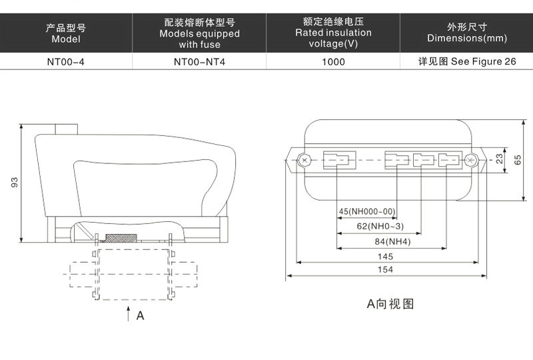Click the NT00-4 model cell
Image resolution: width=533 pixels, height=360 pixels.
pos(66,62)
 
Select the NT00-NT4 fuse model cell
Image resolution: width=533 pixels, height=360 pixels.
pos(199,62)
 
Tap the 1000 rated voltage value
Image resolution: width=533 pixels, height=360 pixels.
pos(333,62)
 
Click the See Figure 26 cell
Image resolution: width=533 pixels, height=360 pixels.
pos(467,62)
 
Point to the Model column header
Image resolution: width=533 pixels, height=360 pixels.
pos(66,33)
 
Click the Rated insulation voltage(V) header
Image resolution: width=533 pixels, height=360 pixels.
pos(333,33)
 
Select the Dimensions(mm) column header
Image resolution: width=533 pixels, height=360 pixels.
pos(467,33)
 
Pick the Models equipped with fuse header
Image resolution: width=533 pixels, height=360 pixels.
pos(199,33)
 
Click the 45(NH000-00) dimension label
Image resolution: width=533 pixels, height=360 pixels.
pos(367,212)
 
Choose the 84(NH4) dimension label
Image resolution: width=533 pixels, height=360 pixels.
pos(391,241)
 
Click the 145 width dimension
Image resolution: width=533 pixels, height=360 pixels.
pos(384,256)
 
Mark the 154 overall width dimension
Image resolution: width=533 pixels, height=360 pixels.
pos(384,269)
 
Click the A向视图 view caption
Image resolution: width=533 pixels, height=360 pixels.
pos(391,304)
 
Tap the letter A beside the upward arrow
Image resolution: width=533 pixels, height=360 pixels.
pos(140,316)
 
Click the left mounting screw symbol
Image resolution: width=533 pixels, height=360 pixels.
pos(304,160)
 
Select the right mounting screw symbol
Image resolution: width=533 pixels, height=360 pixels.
pos(472,160)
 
